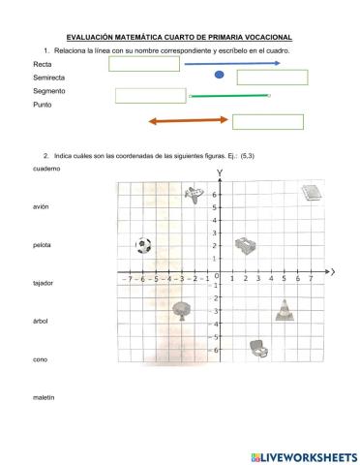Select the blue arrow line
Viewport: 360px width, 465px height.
pyautogui.click(x=232, y=63)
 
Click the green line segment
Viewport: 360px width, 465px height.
pyautogui.click(x=229, y=96)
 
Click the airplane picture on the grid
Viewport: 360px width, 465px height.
pyautogui.click(x=195, y=194)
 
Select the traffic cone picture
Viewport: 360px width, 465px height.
pyautogui.click(x=283, y=309)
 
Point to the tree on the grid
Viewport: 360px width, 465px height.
pyautogui.click(x=180, y=309)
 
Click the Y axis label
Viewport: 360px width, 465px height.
pyautogui.click(x=219, y=173)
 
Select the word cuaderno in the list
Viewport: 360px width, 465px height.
pyautogui.click(x=45, y=169)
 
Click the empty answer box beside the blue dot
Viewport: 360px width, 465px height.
pyautogui.click(x=265, y=77)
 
